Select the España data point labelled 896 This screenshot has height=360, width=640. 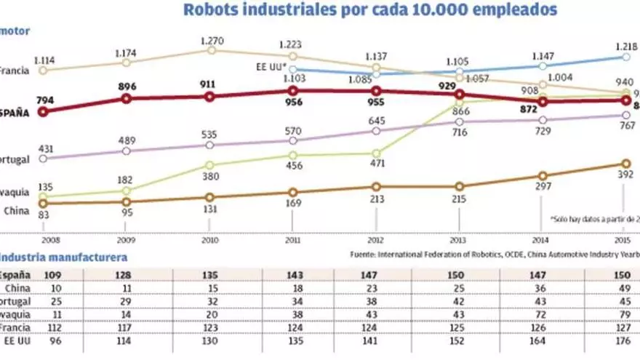[x=127, y=97]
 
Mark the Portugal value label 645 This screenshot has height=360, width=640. [x=376, y=120]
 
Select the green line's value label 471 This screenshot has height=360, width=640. [x=376, y=164]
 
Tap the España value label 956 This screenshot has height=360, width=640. [x=292, y=103]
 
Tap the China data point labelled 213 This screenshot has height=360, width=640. [x=376, y=187]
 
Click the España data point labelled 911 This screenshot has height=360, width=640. [x=209, y=96]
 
